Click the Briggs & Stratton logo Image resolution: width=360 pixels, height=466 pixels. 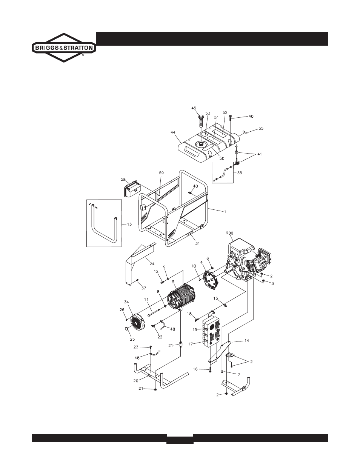[63, 48]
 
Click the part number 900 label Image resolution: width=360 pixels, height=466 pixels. [230, 233]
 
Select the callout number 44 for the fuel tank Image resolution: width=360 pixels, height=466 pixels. [173, 132]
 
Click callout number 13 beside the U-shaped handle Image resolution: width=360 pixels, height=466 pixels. [129, 224]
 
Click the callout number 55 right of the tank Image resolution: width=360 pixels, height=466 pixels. [261, 129]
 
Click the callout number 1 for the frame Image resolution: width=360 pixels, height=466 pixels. [225, 212]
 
